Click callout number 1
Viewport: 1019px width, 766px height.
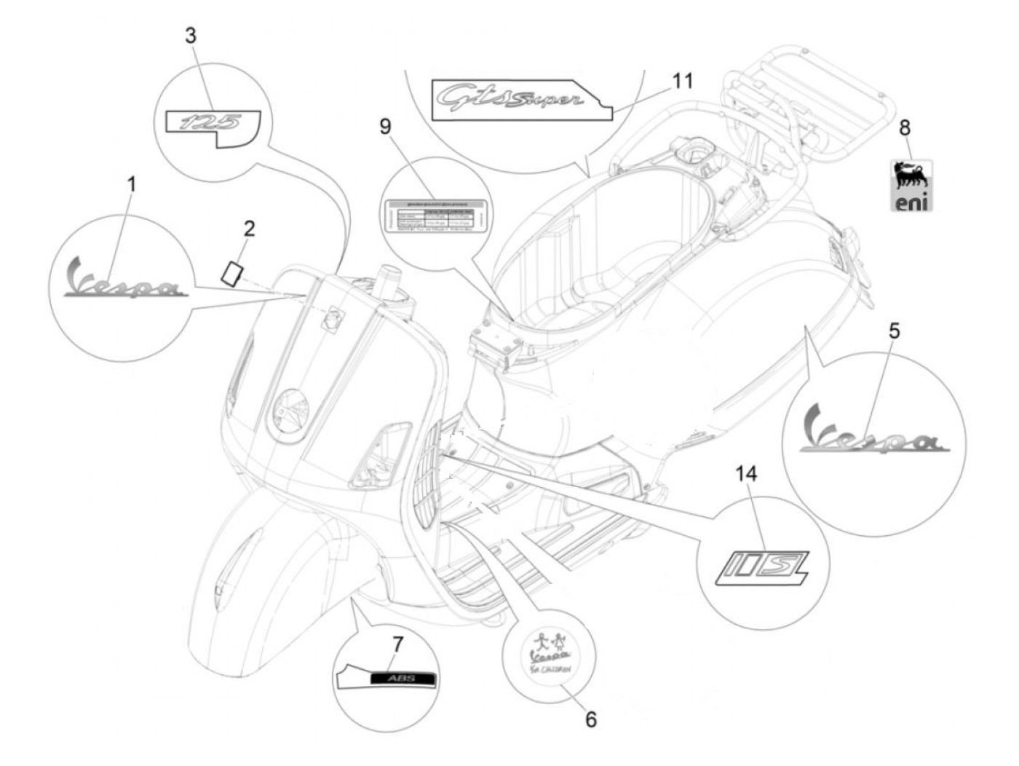[x=132, y=185]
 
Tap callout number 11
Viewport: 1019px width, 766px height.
[x=682, y=80]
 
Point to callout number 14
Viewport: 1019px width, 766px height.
[x=746, y=475]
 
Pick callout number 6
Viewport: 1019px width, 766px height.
[x=591, y=719]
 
